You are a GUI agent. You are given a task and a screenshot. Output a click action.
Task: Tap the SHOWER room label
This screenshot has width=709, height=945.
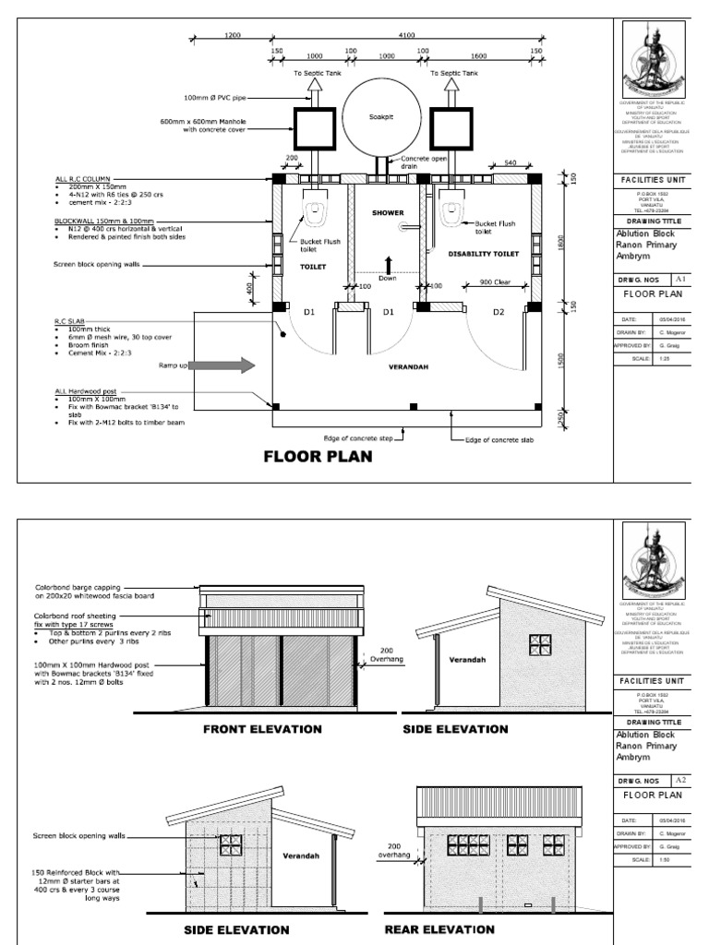point(388,212)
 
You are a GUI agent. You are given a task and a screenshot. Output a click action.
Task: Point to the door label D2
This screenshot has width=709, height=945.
point(499,313)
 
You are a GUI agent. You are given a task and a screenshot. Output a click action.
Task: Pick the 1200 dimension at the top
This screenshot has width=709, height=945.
point(232,35)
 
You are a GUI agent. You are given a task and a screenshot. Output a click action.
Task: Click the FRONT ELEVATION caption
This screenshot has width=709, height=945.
point(263,729)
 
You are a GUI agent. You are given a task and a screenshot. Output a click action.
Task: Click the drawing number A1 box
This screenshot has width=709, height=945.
point(681,277)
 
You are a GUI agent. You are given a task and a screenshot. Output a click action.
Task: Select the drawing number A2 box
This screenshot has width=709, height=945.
point(681,780)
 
